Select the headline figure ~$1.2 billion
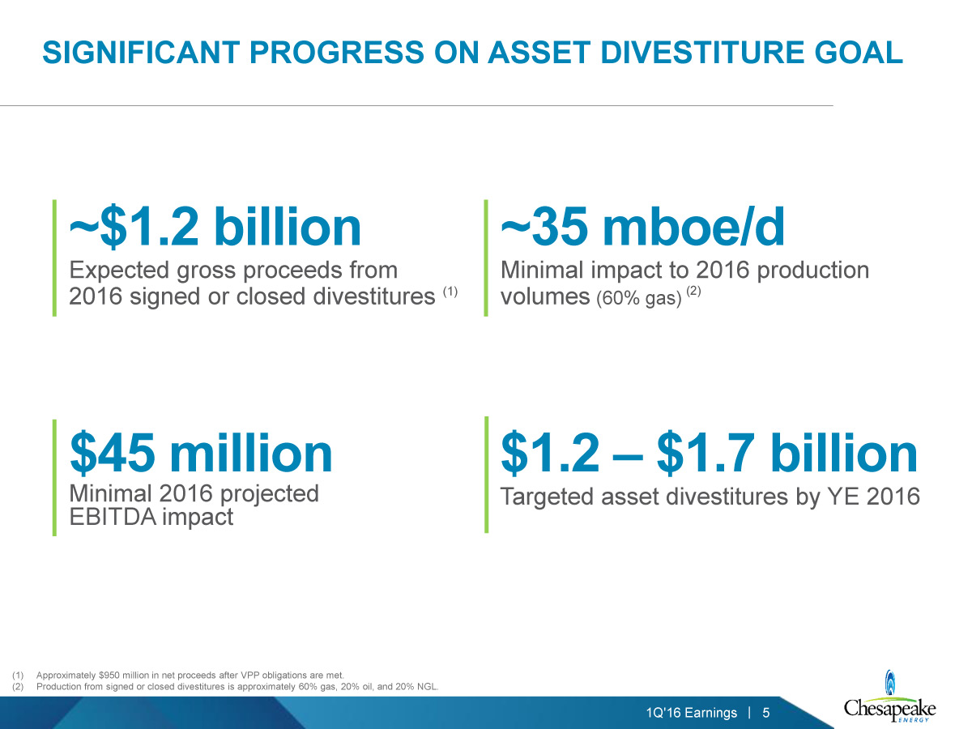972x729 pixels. (215, 228)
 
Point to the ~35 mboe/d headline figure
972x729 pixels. (642, 227)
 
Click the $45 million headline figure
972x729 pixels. (201, 454)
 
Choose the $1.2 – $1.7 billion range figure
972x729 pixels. (709, 454)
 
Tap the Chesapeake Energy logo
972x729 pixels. (889, 698)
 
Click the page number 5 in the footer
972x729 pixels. (766, 713)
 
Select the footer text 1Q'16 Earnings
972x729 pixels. (692, 713)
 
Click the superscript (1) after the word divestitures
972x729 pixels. (450, 292)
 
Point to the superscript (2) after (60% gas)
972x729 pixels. (693, 291)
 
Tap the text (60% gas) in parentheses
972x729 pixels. (639, 298)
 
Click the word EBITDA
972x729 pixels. (113, 517)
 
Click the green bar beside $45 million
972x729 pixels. (54, 478)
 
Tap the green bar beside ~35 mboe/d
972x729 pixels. (486, 258)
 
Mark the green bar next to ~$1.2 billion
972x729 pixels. (54, 258)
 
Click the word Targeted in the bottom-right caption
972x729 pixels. (547, 497)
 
